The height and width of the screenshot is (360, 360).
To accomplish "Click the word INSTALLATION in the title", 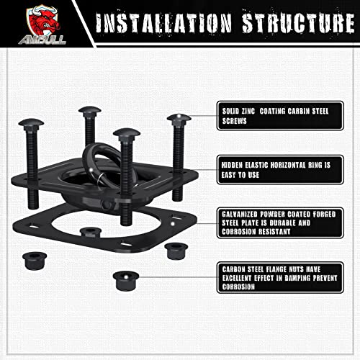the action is pos(163,23).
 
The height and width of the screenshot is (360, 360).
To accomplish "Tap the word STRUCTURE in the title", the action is pos(298,23).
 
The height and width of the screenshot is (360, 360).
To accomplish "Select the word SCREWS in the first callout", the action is pos(234,121).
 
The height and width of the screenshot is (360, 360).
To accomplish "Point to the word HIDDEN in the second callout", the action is pos(232,165).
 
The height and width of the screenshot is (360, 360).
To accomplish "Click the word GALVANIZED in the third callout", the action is pos(239,214).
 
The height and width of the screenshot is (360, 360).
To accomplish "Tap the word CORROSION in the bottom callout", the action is pos(238,287).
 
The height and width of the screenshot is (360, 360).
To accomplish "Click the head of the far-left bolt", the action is pos(31,123).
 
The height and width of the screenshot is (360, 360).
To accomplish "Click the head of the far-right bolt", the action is pos(179,118).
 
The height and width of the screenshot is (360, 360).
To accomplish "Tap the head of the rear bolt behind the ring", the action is pos(90,110).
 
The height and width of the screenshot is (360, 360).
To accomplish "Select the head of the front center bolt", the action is pos(127,132).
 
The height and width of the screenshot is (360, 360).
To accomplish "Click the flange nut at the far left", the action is pos(35,261).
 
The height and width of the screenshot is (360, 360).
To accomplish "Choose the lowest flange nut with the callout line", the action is pos(126,281).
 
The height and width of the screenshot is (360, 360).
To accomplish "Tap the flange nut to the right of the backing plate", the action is pos(176,251).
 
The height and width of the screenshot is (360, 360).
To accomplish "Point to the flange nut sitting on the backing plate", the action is pos(91,233).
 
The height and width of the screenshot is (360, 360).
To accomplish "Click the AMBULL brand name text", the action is pos(42,40).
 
